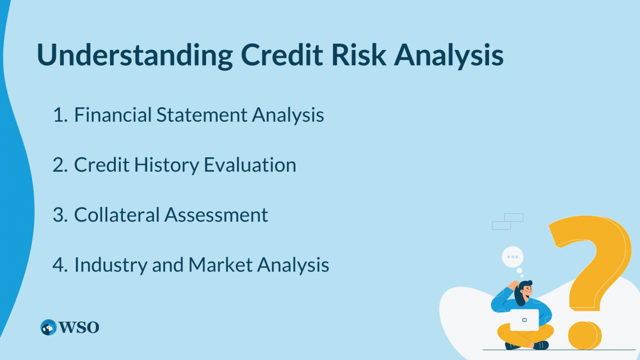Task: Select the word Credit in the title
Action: [280, 55]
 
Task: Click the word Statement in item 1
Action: [201, 115]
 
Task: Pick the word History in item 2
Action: [168, 165]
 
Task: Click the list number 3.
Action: [59, 215]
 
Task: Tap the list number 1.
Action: [59, 115]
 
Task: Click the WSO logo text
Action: [79, 327]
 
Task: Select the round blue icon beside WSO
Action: [48, 327]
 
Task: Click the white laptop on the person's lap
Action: [524, 320]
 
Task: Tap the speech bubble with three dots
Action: [512, 257]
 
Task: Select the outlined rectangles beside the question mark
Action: [508, 221]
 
